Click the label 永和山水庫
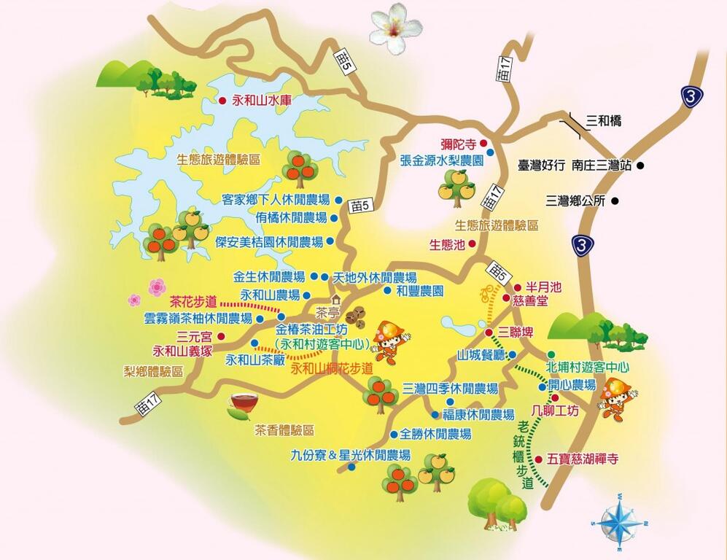coord(261,101)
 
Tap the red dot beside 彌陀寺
coord(483,144)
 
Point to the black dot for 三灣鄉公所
coord(615,201)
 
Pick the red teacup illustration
coord(242,402)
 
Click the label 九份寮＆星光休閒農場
coord(350,455)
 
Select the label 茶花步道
coord(193,300)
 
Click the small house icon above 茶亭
coord(335,299)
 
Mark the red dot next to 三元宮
coord(221,336)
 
